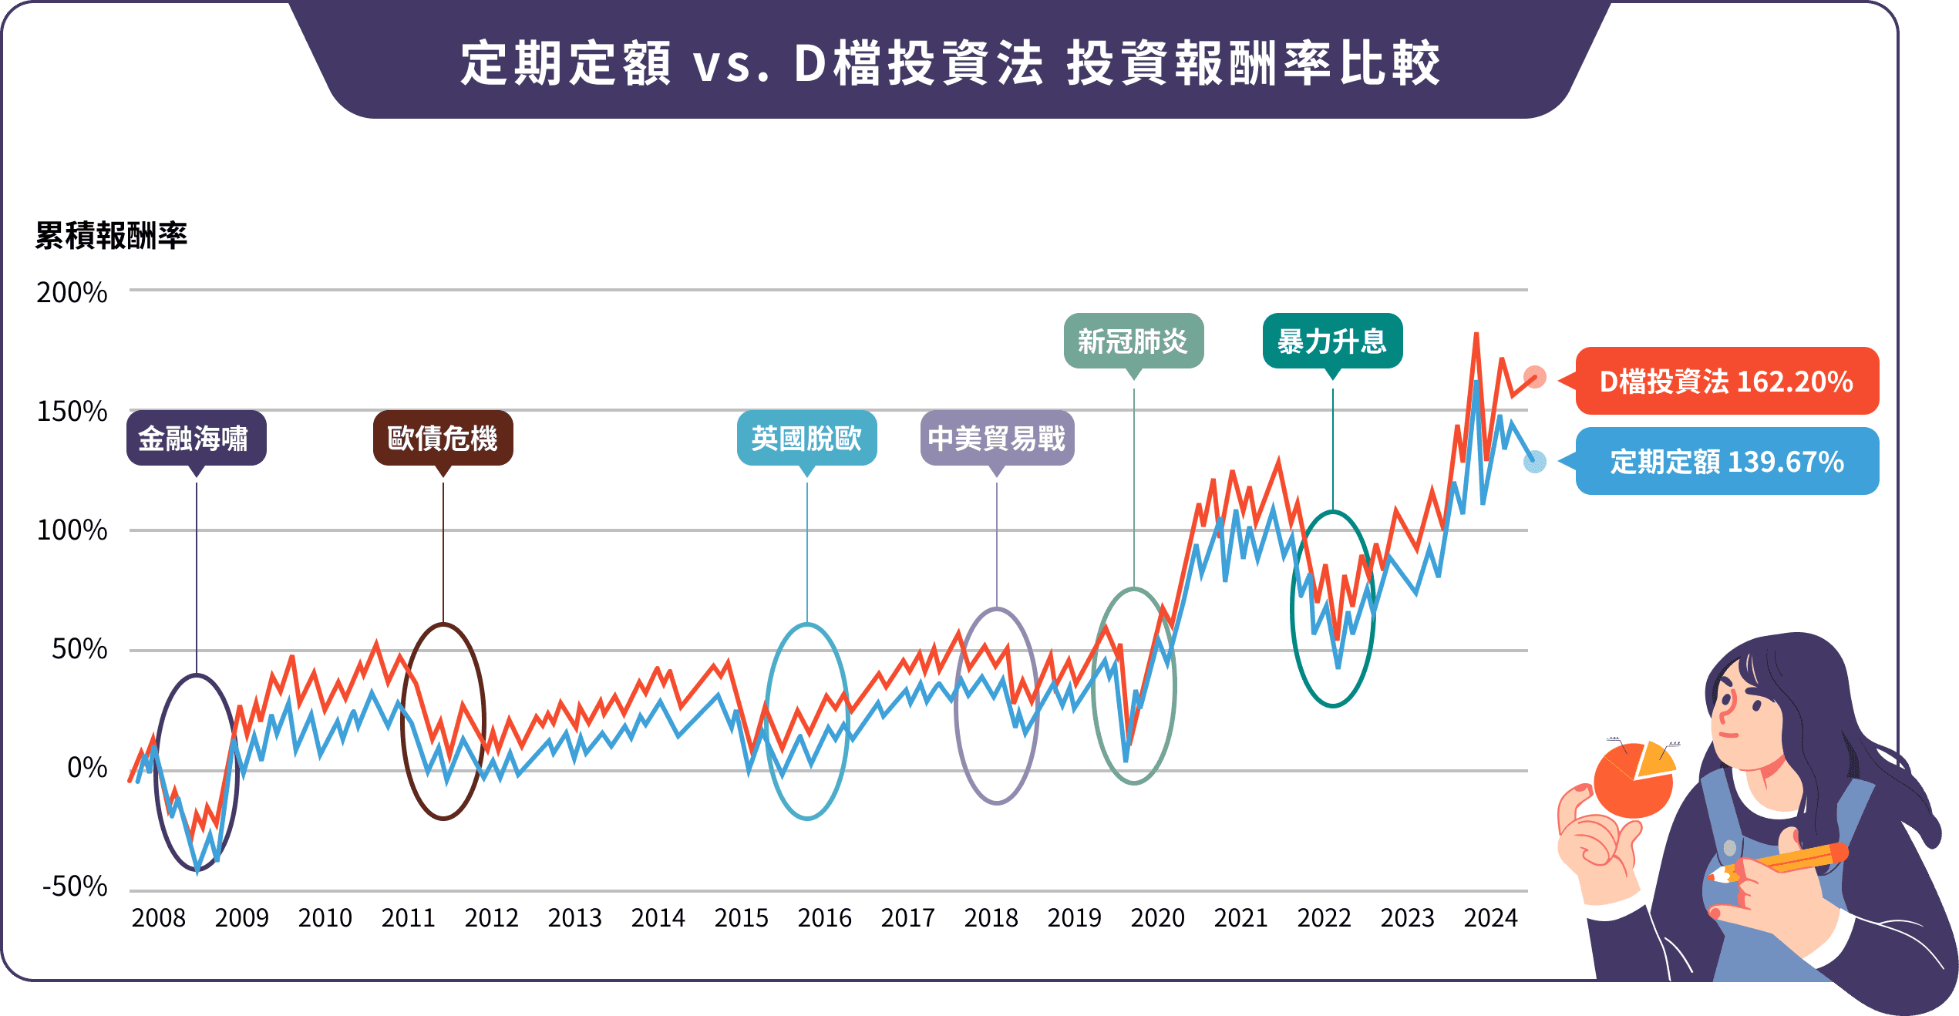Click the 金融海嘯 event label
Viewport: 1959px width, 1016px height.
[196, 438]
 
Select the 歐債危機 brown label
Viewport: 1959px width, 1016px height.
[443, 438]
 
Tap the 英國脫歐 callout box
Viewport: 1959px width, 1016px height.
[806, 438]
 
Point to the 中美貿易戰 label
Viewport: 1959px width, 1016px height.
[997, 438]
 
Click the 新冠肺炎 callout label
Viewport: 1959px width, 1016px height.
[1133, 341]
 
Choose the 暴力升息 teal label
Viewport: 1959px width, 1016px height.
[1332, 341]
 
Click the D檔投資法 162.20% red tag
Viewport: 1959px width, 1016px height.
[1726, 381]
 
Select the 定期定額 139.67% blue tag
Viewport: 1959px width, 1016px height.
[1726, 461]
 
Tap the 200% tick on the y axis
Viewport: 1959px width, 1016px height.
[72, 292]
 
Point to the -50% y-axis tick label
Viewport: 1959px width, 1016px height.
[75, 886]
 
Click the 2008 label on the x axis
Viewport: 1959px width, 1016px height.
[158, 918]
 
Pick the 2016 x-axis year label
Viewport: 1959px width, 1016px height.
[824, 918]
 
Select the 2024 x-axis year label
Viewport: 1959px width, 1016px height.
[1490, 918]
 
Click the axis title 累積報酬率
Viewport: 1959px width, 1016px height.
[111, 235]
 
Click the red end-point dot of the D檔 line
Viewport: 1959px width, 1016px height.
[1535, 377]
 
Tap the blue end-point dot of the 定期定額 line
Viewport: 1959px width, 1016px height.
[1535, 461]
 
